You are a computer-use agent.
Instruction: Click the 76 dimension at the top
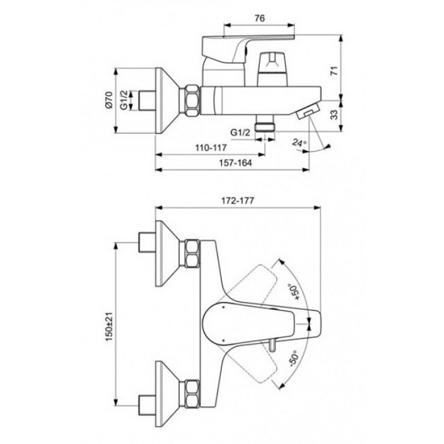(x=258, y=17)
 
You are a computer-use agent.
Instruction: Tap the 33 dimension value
(x=349, y=114)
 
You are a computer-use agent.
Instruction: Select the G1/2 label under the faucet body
(x=240, y=132)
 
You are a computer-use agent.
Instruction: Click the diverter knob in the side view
(x=270, y=64)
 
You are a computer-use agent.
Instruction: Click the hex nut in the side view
(x=191, y=100)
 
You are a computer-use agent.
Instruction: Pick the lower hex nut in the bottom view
(x=191, y=391)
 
